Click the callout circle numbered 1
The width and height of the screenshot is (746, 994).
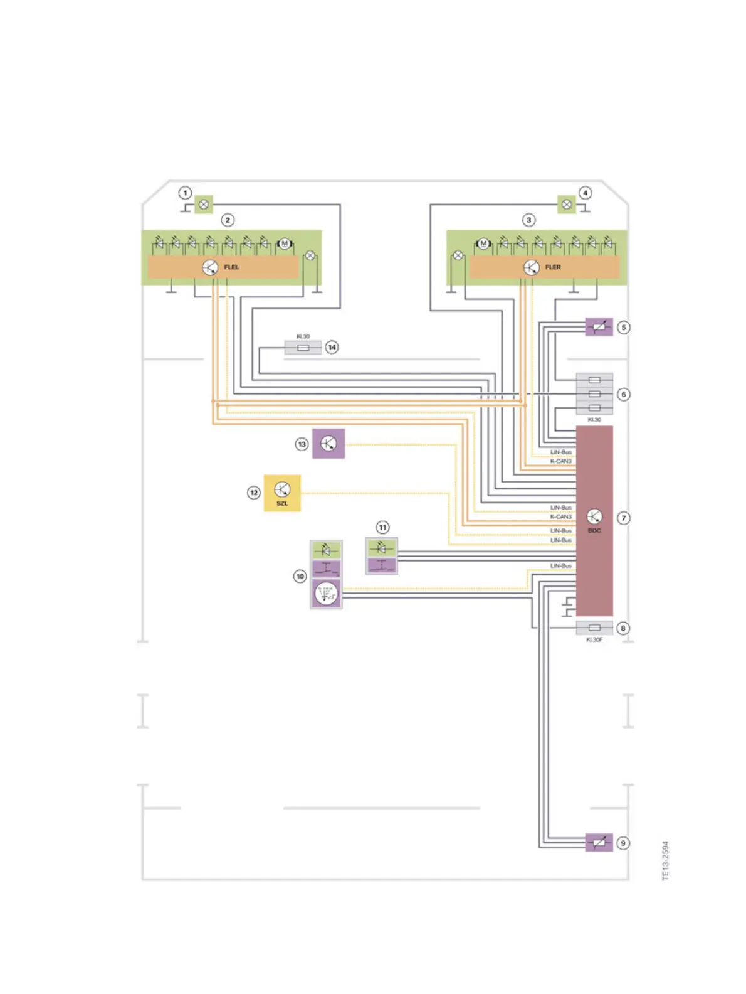tap(185, 193)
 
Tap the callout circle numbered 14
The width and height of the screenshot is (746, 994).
tap(332, 347)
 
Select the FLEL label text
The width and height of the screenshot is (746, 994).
tap(231, 267)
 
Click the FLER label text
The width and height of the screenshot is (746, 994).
tap(552, 267)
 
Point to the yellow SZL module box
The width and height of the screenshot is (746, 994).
tap(282, 493)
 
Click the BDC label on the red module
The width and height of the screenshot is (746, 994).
tap(594, 531)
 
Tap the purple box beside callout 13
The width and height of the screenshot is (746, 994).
tap(328, 444)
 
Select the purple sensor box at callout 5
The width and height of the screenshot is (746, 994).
tap(599, 327)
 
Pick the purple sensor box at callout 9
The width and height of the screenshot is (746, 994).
tap(599, 843)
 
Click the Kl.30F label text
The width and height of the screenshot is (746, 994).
tap(594, 639)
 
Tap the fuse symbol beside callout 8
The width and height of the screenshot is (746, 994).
tap(594, 628)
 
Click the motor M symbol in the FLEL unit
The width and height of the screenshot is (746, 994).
tap(285, 243)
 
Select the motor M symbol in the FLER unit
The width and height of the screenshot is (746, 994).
tap(483, 243)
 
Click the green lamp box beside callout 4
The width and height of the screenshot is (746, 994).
tap(567, 205)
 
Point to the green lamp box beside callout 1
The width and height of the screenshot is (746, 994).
tap(204, 205)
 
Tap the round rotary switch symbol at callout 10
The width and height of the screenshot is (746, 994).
tap(326, 593)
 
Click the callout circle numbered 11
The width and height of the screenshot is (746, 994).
tap(382, 527)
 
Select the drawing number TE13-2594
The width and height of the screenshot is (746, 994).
tap(666, 860)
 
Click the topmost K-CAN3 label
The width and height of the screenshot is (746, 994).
tap(561, 461)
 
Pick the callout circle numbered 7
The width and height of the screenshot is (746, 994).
tap(623, 518)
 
